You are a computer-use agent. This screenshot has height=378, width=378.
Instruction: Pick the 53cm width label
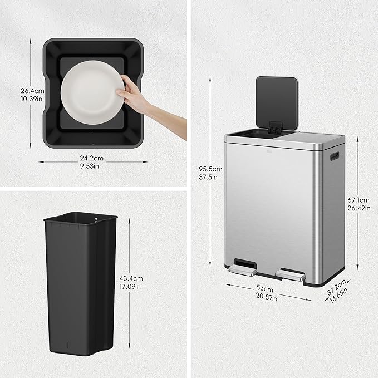point(265,289)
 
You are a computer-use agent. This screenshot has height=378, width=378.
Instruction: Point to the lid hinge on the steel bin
point(273,127)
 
